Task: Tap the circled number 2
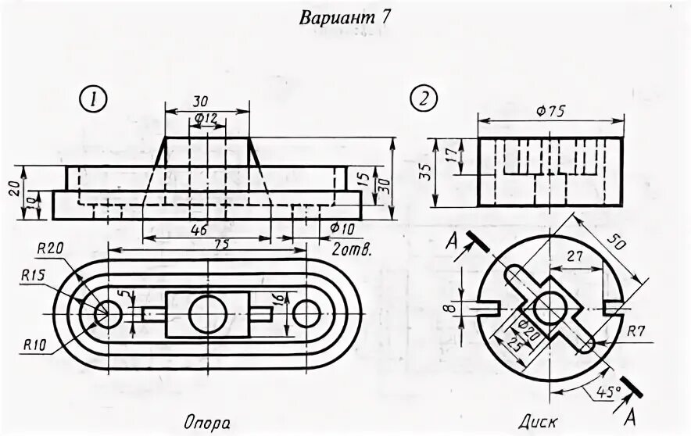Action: coord(423,99)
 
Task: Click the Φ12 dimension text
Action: coord(206,118)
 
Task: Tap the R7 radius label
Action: coord(636,331)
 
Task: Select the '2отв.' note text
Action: coord(350,250)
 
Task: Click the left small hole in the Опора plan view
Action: coord(106,313)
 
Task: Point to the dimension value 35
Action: coord(422,173)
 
